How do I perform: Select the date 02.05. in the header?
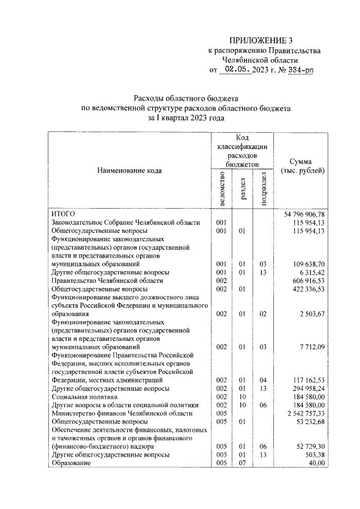click(237, 70)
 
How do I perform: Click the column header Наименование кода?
click(130, 170)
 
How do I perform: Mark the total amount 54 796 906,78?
click(301, 214)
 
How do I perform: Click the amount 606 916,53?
click(306, 280)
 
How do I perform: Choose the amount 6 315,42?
click(310, 272)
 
